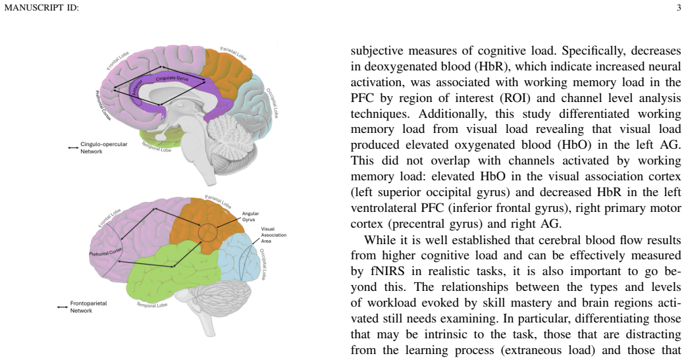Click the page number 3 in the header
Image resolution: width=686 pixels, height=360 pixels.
pyautogui.click(x=679, y=7)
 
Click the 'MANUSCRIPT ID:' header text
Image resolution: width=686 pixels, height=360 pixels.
pyautogui.click(x=41, y=7)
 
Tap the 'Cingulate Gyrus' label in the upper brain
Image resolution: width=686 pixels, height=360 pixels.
pyautogui.click(x=172, y=78)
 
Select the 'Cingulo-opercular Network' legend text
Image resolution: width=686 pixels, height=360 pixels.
pyautogui.click(x=103, y=148)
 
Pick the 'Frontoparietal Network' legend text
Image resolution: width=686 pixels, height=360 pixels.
pyautogui.click(x=88, y=307)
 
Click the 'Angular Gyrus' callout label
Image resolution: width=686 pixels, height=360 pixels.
pyautogui.click(x=251, y=217)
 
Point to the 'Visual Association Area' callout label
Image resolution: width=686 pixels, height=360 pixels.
pyautogui.click(x=273, y=235)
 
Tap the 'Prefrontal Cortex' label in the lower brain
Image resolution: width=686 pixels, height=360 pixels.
pyautogui.click(x=105, y=252)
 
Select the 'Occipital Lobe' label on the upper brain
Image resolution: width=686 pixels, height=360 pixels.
pyautogui.click(x=272, y=103)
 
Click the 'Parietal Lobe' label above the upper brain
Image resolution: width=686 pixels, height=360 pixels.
pyautogui.click(x=233, y=53)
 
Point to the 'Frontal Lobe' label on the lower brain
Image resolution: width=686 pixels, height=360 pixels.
pyautogui.click(x=109, y=218)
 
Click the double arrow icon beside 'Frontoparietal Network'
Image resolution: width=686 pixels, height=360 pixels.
pyautogui.click(x=62, y=307)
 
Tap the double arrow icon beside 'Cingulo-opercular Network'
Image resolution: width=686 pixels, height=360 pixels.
pyautogui.click(x=73, y=148)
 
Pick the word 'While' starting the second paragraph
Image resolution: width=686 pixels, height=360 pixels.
pyautogui.click(x=377, y=240)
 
